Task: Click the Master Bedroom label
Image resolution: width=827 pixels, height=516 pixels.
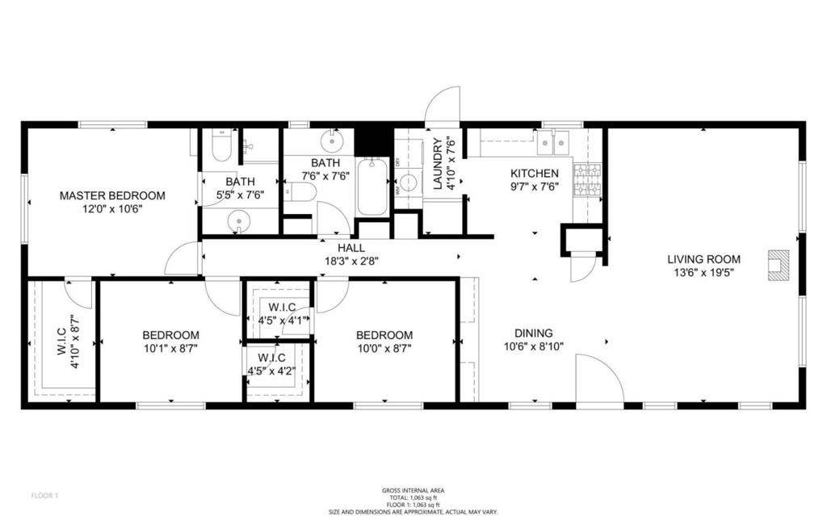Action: coord(113,195)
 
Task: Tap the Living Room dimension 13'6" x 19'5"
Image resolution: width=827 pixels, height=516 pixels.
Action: coord(703,273)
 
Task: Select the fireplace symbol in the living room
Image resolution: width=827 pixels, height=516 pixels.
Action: coord(778,265)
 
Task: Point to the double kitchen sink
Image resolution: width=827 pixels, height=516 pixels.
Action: coord(554,143)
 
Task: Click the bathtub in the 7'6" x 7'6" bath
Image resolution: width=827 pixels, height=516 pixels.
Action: coord(372,187)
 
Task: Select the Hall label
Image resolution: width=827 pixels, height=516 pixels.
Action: coord(351,248)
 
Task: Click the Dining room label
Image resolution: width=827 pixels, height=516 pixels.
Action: coord(534,333)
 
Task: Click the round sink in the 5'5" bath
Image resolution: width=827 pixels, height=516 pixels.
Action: coord(239,220)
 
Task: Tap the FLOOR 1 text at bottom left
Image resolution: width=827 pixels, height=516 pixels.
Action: coord(44,494)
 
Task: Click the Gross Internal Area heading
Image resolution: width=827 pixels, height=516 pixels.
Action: coord(413,490)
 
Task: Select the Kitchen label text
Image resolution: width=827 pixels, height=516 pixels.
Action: coord(534,173)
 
